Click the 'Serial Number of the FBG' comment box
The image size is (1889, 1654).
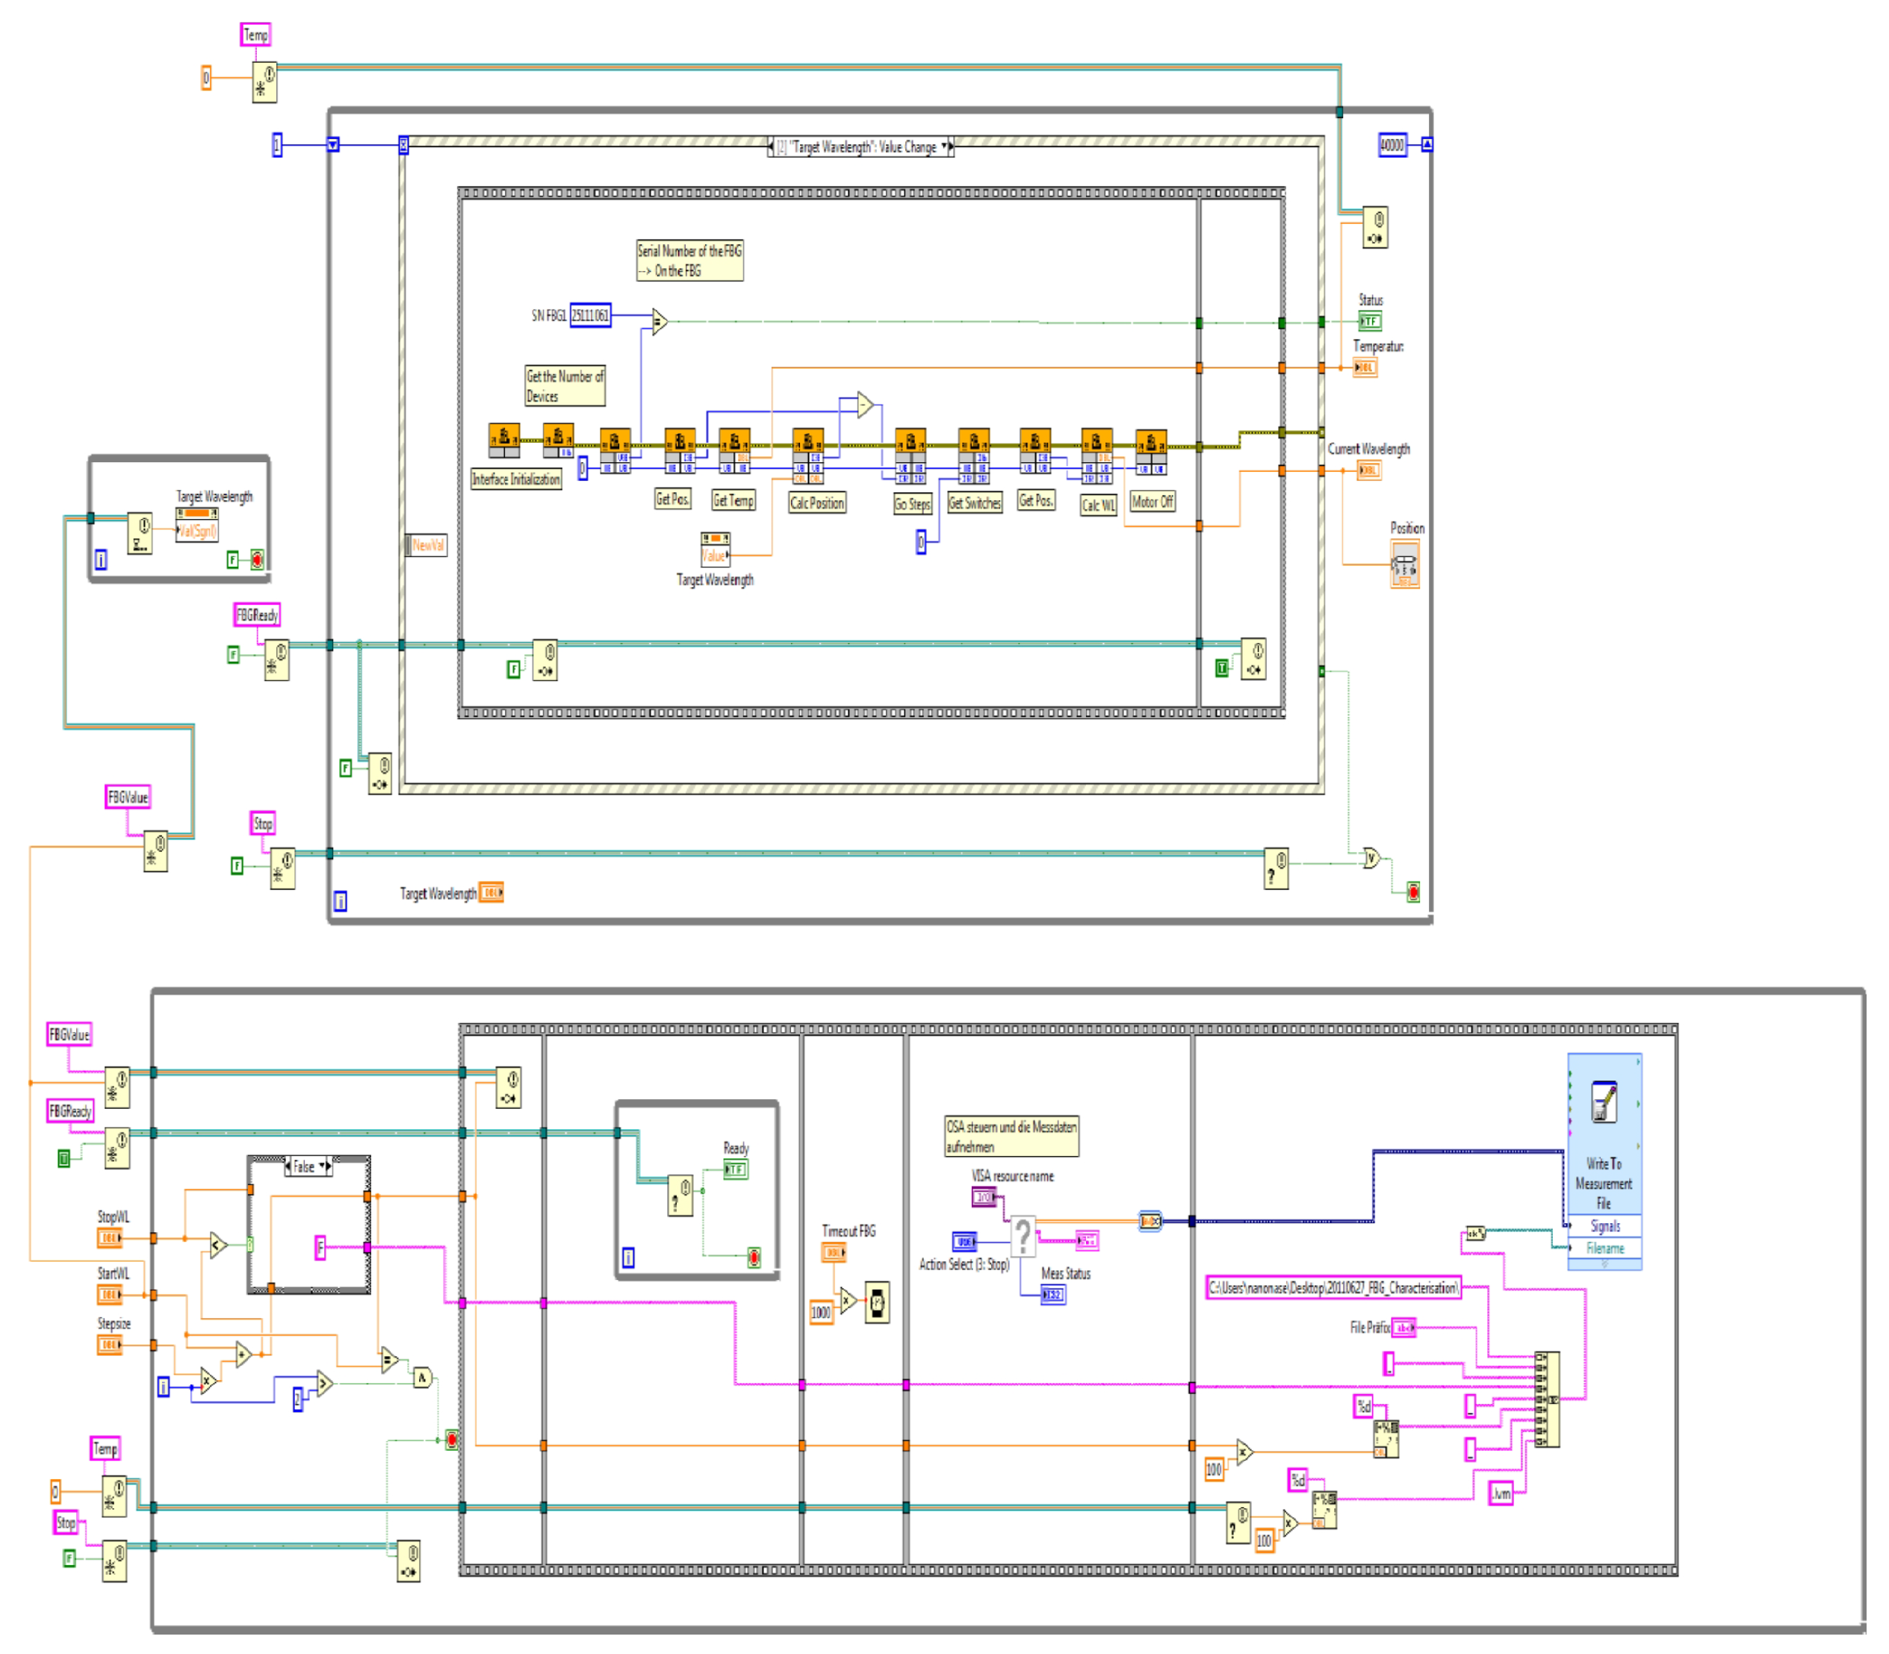[x=689, y=261]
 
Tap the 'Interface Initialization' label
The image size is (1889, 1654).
[x=515, y=479]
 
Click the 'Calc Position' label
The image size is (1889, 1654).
[x=816, y=503]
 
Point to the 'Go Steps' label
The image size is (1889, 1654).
[x=911, y=504]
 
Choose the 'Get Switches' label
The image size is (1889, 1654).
[x=974, y=503]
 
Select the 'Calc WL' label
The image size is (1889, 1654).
[x=1098, y=505]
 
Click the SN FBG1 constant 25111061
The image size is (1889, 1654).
[x=590, y=316]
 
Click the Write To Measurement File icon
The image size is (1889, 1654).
[x=1604, y=1102]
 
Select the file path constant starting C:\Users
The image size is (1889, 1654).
[x=1333, y=1287]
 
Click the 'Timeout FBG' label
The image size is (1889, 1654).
[x=848, y=1231]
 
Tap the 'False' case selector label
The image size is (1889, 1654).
[x=304, y=1166]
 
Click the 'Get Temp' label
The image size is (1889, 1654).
[x=733, y=500]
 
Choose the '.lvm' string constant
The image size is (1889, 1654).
[x=1501, y=1493]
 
